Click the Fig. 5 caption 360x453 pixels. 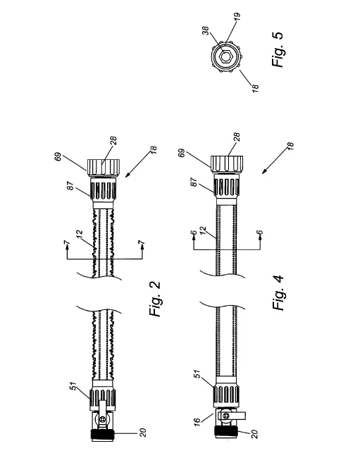pos(278,49)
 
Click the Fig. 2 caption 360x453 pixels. pos(155,299)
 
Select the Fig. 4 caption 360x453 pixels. pos(278,293)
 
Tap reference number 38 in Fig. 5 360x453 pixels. pos(206,30)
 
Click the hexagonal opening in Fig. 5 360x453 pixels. pos(225,56)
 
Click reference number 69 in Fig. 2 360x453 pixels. pos(58,157)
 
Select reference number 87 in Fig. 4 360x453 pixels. pos(194,182)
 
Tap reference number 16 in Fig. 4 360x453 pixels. pos(197,421)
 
